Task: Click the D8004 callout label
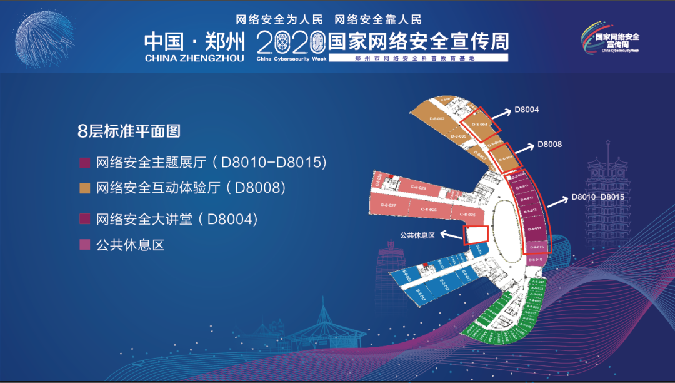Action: [x=526, y=110]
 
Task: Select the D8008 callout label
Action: [x=549, y=145]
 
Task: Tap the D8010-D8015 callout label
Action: [x=598, y=197]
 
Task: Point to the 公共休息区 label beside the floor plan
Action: [x=417, y=236]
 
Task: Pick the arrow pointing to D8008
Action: [x=524, y=149]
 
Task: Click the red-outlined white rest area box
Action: [x=476, y=234]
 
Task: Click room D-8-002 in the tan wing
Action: [x=437, y=118]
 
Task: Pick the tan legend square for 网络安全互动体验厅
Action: [x=84, y=188]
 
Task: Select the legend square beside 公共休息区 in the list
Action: [x=84, y=245]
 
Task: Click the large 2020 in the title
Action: [x=292, y=42]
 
